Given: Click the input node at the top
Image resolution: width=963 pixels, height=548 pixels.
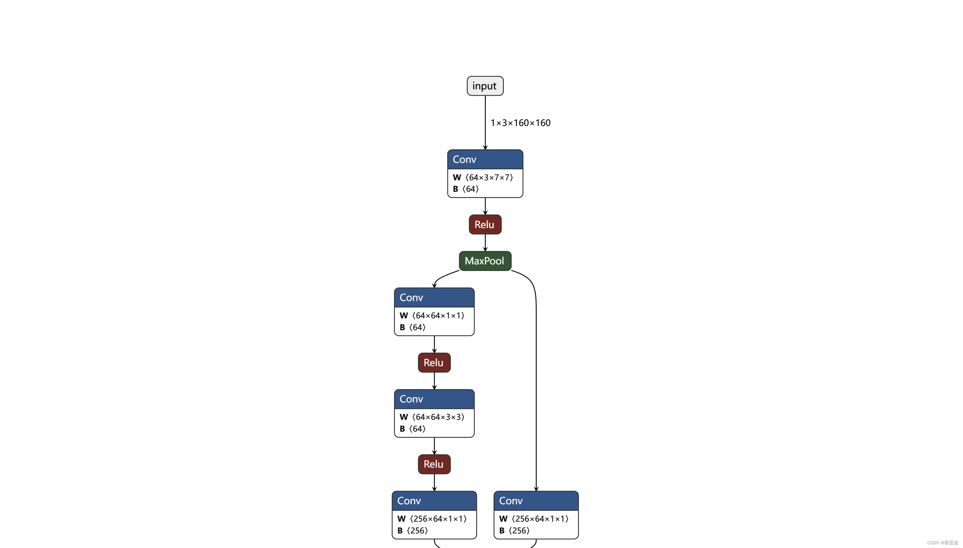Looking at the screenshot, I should point(485,86).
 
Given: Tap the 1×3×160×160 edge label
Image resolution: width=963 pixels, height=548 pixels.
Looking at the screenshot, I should point(520,123).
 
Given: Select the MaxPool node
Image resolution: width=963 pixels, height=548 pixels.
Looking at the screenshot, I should point(485,261).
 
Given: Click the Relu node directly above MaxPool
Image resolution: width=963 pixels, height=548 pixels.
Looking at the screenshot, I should point(485,224).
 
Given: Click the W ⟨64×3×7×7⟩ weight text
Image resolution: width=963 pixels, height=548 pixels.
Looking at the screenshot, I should point(483,177).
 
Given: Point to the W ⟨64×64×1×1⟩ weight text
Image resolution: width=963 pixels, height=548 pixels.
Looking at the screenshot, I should point(432,315).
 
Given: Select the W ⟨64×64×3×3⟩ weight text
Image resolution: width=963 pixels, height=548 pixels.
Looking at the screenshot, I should point(432,417).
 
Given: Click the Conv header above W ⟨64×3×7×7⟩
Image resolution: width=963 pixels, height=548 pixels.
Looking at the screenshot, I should point(485,159).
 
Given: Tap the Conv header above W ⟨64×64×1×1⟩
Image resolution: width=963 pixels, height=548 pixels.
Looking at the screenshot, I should point(434,298).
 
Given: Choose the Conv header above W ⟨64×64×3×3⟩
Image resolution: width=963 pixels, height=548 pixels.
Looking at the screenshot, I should point(434,399).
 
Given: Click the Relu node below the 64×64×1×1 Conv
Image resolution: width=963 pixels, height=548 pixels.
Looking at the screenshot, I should point(434,362).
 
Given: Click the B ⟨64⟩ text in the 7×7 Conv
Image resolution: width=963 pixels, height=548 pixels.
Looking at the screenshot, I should point(466,189).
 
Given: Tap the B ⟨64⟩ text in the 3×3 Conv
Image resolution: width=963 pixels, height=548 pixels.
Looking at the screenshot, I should point(413,429).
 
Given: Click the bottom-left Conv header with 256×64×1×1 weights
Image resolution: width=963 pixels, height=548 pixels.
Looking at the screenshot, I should point(434,501).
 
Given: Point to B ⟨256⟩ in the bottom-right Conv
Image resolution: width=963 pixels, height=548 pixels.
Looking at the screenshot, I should point(514,530).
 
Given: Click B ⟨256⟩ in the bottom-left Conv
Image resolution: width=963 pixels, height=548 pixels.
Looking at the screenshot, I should point(413,530).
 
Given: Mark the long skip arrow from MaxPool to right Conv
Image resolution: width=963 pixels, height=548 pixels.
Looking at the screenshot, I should point(536,376).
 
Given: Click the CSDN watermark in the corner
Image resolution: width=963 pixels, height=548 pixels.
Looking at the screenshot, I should point(942,543).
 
